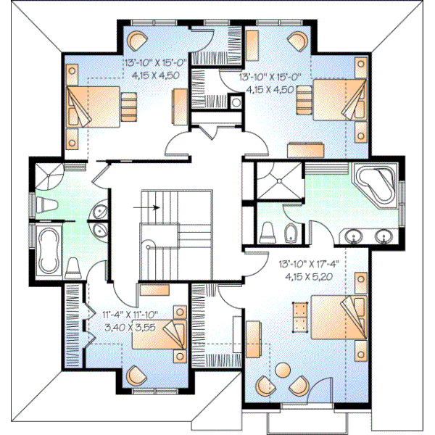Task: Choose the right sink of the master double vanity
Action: coord(384,236)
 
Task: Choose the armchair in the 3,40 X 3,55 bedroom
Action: coord(136,376)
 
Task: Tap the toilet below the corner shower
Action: coord(47,204)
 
